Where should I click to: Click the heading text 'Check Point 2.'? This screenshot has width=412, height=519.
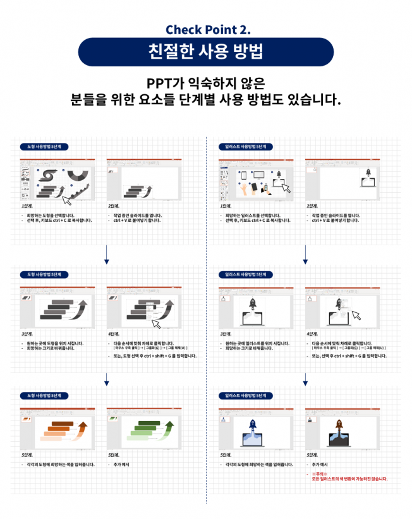205,30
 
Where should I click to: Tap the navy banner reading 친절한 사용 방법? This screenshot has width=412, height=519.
205,52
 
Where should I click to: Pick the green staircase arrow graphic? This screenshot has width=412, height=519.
150,429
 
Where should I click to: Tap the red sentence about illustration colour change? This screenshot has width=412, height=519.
349,479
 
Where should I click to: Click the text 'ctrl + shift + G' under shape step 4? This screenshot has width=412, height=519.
163,356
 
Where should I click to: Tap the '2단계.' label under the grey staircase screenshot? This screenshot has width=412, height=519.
114,206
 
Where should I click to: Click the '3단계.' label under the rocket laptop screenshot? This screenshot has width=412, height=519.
224,334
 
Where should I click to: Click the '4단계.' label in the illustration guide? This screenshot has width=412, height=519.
312,334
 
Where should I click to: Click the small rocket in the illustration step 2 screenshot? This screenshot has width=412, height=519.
367,172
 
